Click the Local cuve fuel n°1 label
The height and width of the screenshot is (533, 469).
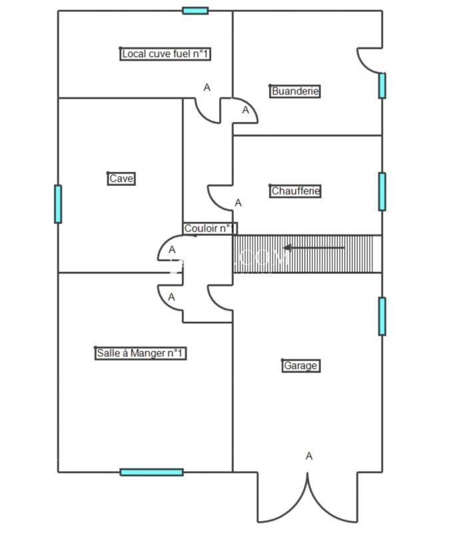coord(166,54)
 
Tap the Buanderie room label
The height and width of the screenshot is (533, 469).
coord(295,91)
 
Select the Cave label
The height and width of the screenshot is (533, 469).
coord(121,179)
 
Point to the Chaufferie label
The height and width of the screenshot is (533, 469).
coord(296,191)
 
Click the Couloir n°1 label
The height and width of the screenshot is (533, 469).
coord(209,229)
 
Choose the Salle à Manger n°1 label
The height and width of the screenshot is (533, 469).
coord(140,353)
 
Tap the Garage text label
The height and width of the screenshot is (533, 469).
coord(300,366)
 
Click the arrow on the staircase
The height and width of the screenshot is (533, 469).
coord(314,248)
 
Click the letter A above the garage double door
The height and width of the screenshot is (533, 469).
coord(308,456)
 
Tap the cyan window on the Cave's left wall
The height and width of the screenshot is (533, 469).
coord(58,204)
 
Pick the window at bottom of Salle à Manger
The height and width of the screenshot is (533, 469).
coord(151,472)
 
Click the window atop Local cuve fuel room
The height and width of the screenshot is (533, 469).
coord(195,11)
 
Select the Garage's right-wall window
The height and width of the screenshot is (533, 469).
coord(382,316)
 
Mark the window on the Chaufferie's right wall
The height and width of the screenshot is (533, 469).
coord(382,191)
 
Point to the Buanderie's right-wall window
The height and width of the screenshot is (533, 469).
coord(382,85)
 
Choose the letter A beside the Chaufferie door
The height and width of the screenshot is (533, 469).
coord(238,203)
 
